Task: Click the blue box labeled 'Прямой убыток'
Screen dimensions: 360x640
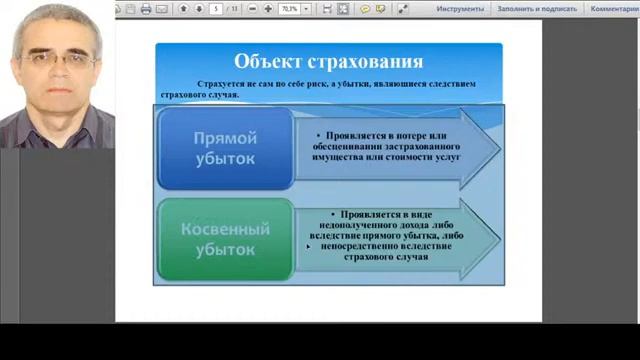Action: [225, 148]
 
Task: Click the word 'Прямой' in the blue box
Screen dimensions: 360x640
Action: [225, 137]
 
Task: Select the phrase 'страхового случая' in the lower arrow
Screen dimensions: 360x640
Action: [384, 257]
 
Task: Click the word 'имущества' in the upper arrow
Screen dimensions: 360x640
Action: [325, 158]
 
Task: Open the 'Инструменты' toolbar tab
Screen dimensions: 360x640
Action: [460, 8]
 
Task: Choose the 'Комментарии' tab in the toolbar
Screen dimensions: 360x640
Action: [612, 8]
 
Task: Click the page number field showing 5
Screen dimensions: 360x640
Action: [216, 8]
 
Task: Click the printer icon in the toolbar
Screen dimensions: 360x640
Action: [146, 8]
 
